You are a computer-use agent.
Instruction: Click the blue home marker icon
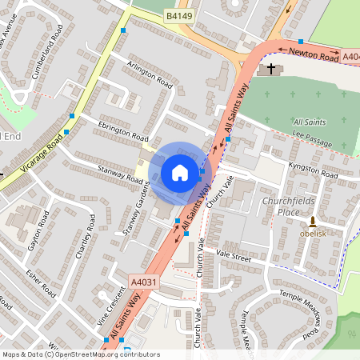179,172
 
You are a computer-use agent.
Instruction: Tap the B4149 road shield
178,15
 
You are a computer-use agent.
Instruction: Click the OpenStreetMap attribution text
81,354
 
